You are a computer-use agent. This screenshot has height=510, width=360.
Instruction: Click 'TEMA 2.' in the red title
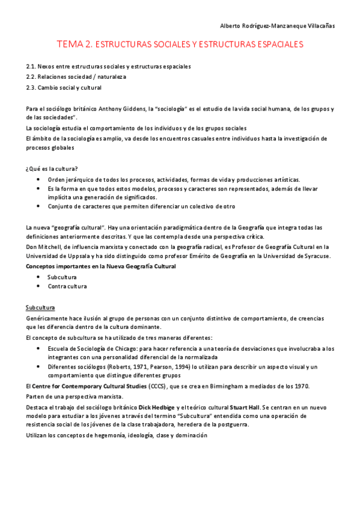pos(75,45)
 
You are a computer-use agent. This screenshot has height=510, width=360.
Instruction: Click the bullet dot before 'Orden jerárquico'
pos(38,179)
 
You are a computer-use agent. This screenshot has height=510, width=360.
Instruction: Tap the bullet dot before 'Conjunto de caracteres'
pos(38,206)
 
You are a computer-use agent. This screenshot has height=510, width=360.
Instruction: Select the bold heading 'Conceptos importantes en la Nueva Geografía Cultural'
pos(101,266)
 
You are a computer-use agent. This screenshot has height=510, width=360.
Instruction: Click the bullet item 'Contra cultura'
pos(67,286)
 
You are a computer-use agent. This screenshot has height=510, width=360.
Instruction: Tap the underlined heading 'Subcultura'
pos(40,307)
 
